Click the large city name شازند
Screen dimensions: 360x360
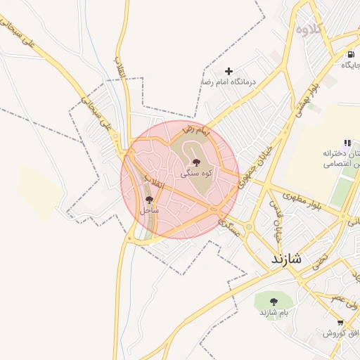tap(287, 259)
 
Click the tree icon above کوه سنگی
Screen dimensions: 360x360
tap(196, 162)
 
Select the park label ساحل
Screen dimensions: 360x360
tap(149, 210)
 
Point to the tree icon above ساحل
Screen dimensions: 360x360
tap(148, 200)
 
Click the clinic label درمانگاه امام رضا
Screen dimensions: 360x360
tap(229, 82)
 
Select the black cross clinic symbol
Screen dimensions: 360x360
tap(229, 71)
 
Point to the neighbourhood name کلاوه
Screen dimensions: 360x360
tap(309, 29)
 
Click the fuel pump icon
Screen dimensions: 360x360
tap(350, 55)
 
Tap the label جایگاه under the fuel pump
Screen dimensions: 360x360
tap(351, 65)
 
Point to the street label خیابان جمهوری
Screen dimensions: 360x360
tap(255, 167)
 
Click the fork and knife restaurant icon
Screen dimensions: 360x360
tap(347, 143)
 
